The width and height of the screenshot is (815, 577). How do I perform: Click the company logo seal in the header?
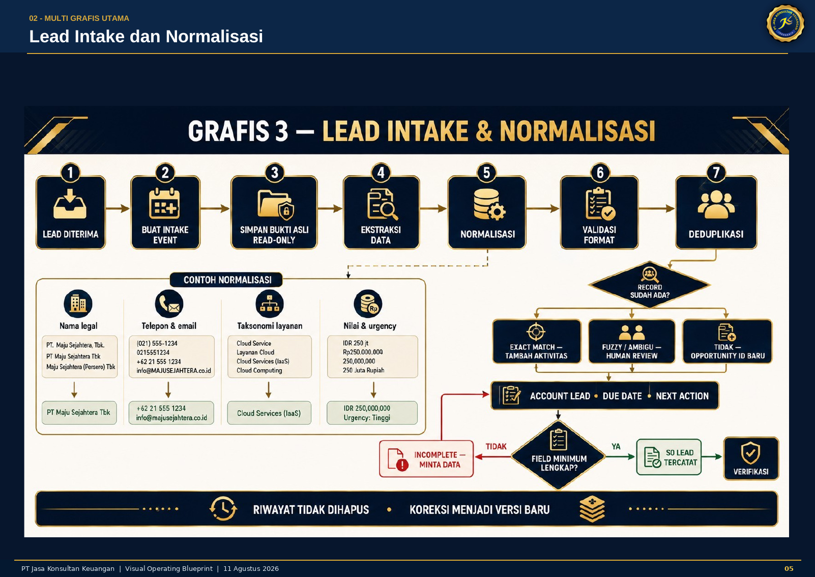785,23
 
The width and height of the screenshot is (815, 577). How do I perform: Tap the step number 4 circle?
381,173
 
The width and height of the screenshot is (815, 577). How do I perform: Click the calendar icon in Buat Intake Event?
164,203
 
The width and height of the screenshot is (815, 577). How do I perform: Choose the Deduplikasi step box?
716,212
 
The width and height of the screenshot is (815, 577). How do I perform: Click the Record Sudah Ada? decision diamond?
650,285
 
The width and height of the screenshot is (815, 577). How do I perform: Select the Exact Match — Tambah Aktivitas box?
537,341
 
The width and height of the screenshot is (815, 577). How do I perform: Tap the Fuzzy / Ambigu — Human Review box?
632,341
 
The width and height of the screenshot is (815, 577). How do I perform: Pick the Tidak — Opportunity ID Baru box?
727,341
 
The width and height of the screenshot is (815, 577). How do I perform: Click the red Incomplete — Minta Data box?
426,459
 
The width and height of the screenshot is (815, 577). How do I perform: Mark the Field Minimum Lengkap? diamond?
559,455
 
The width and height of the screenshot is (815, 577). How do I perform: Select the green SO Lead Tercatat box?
668,457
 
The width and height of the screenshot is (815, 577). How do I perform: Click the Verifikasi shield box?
751,459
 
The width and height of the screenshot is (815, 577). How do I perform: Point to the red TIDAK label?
496,447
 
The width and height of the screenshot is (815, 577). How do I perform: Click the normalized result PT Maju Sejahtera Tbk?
79,413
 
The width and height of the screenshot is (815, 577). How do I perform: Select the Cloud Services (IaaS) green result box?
269,413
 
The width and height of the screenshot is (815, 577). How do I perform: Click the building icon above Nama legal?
78,304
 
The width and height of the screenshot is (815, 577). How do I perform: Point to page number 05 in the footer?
789,569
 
